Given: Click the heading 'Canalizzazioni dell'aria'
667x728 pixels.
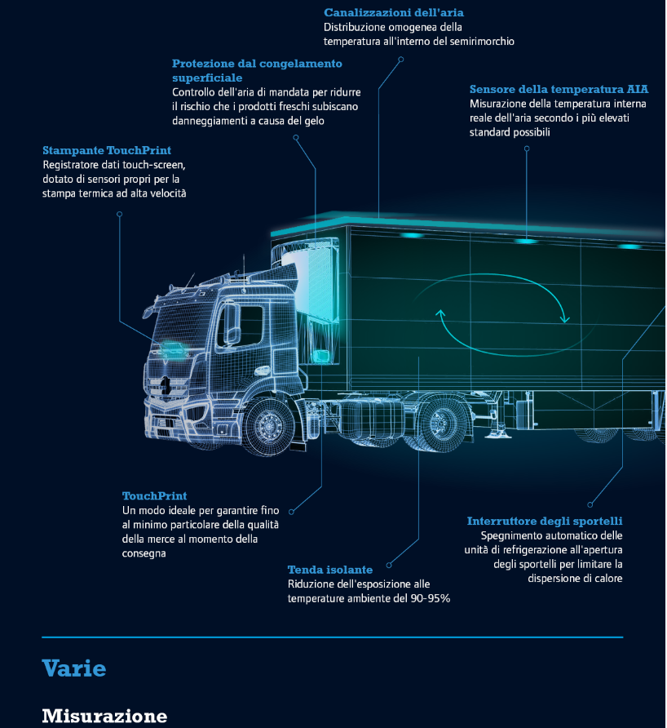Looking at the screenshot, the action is [x=394, y=12].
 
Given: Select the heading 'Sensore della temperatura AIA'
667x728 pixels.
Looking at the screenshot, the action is [x=559, y=89].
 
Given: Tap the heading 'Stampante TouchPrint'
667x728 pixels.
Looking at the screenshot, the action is [x=107, y=150].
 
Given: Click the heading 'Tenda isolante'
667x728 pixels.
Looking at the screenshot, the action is [x=330, y=570].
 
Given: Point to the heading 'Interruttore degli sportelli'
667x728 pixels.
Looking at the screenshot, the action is [x=545, y=521].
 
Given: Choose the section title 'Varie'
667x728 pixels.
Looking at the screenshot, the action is [x=74, y=668].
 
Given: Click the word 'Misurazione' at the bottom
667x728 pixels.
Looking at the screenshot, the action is [x=104, y=716].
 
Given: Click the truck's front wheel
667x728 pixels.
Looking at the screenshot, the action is [x=268, y=425].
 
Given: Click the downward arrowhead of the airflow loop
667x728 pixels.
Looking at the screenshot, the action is [x=564, y=318].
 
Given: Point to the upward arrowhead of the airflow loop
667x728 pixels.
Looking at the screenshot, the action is [x=440, y=314].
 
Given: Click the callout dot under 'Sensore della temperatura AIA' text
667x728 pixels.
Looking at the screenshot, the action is [x=527, y=149].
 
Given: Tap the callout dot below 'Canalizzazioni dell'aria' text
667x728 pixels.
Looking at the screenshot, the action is [x=400, y=60].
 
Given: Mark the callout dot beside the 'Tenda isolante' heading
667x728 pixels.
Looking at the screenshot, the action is [x=389, y=565].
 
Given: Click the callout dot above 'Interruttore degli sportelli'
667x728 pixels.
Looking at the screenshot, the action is [x=590, y=504].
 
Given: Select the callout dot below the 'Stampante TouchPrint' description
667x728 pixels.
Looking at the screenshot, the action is [x=119, y=214].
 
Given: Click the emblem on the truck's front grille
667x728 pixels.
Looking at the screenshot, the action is [x=166, y=385].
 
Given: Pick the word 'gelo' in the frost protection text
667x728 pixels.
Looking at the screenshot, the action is [x=314, y=121].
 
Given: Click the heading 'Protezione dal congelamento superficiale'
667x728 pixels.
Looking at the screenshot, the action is [x=257, y=70].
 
